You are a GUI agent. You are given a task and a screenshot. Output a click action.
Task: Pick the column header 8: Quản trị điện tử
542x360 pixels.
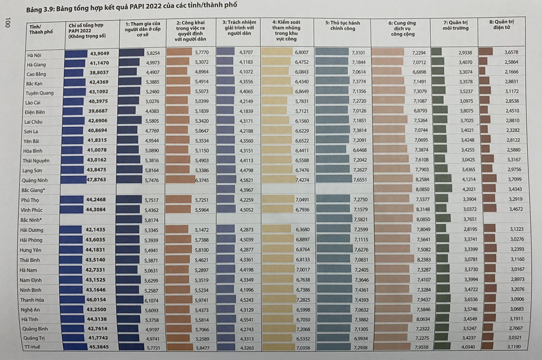click(501, 25)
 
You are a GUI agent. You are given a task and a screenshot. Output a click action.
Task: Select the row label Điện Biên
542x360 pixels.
click(35, 112)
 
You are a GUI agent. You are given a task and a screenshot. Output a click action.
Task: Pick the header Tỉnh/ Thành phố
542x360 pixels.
click(40, 28)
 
